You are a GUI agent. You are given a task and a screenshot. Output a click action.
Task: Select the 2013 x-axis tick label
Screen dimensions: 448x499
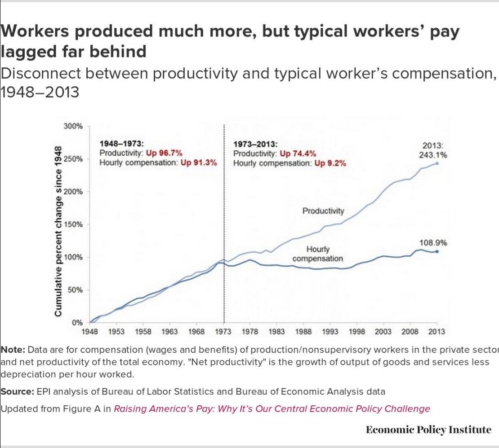(x=437, y=332)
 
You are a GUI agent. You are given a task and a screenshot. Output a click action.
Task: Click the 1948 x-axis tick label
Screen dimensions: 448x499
(x=91, y=332)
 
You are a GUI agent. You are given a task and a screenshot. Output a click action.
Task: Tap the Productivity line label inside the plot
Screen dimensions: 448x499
(x=323, y=211)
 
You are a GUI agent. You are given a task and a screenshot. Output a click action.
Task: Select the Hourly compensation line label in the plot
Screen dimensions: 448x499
(x=318, y=254)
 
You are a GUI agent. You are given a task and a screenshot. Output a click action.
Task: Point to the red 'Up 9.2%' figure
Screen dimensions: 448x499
(x=330, y=163)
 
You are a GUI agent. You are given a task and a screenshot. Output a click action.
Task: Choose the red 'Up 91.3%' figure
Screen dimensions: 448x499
(x=199, y=162)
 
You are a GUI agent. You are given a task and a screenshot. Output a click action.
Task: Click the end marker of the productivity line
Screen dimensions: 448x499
(x=437, y=163)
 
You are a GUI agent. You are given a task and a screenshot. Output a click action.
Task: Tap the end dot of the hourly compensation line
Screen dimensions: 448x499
(x=437, y=251)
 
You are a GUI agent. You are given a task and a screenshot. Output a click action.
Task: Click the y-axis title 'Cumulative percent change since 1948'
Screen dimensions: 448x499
(x=58, y=231)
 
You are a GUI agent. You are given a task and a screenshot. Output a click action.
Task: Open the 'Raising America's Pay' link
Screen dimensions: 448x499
(x=272, y=409)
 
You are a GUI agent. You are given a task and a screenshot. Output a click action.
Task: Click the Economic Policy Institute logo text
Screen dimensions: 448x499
(x=428, y=430)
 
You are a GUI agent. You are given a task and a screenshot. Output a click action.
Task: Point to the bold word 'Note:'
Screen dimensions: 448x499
(x=13, y=350)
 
